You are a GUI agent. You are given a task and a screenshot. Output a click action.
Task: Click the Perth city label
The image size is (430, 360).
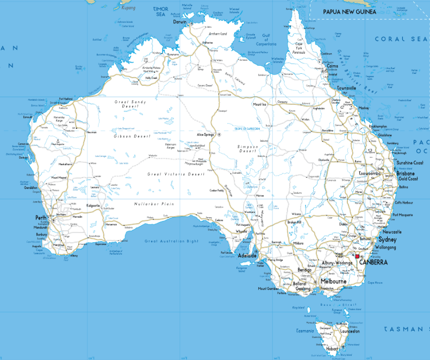pyautogui.click(x=41, y=218)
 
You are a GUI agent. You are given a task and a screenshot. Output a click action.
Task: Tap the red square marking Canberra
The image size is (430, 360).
pyautogui.click(x=357, y=256)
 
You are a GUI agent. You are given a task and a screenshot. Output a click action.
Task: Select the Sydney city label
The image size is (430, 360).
pyautogui.click(x=388, y=239)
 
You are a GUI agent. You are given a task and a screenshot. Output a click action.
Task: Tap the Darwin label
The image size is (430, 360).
pyautogui.click(x=180, y=22)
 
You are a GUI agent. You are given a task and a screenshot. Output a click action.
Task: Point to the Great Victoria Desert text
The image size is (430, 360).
pyautogui.click(x=176, y=174)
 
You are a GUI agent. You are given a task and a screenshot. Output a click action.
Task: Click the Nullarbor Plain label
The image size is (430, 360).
pyautogui.click(x=153, y=204)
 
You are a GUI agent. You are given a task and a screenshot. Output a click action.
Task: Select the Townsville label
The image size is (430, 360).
pyautogui.click(x=346, y=88)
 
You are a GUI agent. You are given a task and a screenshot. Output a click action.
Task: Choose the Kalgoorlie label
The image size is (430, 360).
pyautogui.click(x=94, y=205)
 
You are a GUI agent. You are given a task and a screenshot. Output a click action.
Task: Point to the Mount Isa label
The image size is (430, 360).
pyautogui.click(x=259, y=104)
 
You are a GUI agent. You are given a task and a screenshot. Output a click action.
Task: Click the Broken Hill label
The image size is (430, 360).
pyautogui.click(x=294, y=222)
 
